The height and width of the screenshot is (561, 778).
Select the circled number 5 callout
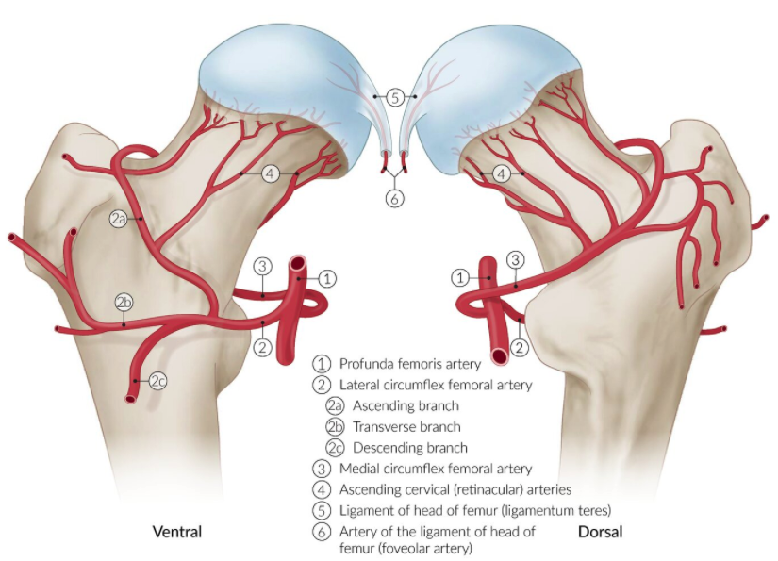395,96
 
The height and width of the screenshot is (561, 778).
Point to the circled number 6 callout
395,198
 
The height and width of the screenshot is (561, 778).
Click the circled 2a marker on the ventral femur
118,219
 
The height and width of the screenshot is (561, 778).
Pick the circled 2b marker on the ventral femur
124,303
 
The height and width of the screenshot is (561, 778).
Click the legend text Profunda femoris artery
410,364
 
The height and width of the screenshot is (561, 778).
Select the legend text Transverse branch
406,426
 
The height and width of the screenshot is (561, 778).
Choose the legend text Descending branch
410,447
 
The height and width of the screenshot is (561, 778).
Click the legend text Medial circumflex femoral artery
436,469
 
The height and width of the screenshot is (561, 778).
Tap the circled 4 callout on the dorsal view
503,173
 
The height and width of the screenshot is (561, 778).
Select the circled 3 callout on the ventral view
263,264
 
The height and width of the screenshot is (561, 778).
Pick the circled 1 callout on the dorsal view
459,277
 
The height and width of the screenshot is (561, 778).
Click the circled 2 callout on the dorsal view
518,349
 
